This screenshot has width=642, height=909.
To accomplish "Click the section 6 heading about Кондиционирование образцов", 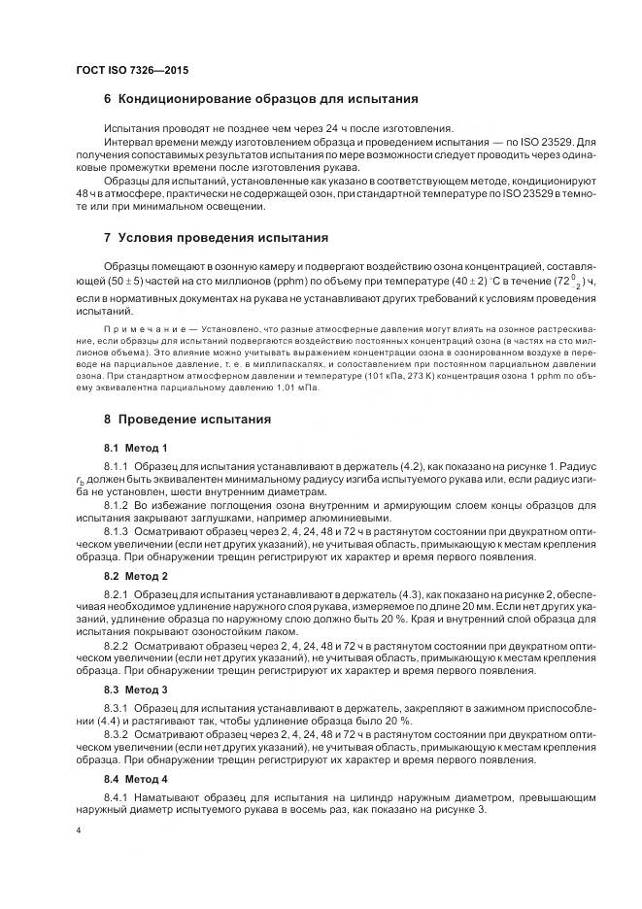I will click(260, 98).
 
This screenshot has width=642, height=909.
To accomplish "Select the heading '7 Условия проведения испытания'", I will click(222, 237).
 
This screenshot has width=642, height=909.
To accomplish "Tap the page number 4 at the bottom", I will click(77, 831).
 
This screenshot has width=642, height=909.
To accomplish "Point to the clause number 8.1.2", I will click(116, 505).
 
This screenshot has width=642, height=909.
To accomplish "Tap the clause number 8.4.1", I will click(116, 796).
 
